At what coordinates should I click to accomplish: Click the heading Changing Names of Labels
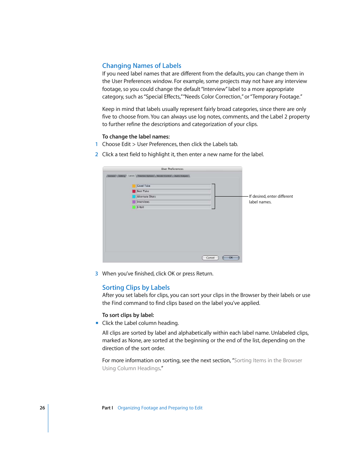click(x=142, y=66)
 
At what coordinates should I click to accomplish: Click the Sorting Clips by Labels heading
click(x=136, y=288)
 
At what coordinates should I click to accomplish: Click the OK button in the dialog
click(x=231, y=258)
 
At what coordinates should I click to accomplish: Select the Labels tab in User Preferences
click(x=131, y=176)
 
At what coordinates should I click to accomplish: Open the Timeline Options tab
click(x=146, y=176)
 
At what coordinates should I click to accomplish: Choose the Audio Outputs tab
click(x=182, y=176)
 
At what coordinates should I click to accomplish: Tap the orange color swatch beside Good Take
click(x=134, y=186)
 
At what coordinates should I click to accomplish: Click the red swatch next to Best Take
click(x=134, y=191)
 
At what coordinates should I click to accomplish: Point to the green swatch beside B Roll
click(x=134, y=207)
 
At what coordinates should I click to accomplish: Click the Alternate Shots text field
click(x=173, y=197)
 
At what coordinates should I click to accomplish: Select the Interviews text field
click(x=173, y=202)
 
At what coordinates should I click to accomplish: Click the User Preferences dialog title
click(x=172, y=169)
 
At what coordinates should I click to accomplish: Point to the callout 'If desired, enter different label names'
click(x=271, y=199)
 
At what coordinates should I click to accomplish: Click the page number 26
click(x=42, y=408)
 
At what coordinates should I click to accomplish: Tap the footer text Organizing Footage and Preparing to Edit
click(x=160, y=408)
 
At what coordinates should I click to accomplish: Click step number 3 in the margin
click(x=97, y=274)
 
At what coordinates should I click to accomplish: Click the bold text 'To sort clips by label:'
click(x=128, y=315)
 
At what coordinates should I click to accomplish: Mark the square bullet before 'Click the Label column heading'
click(x=97, y=323)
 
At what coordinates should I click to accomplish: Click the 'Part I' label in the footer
click(x=107, y=408)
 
